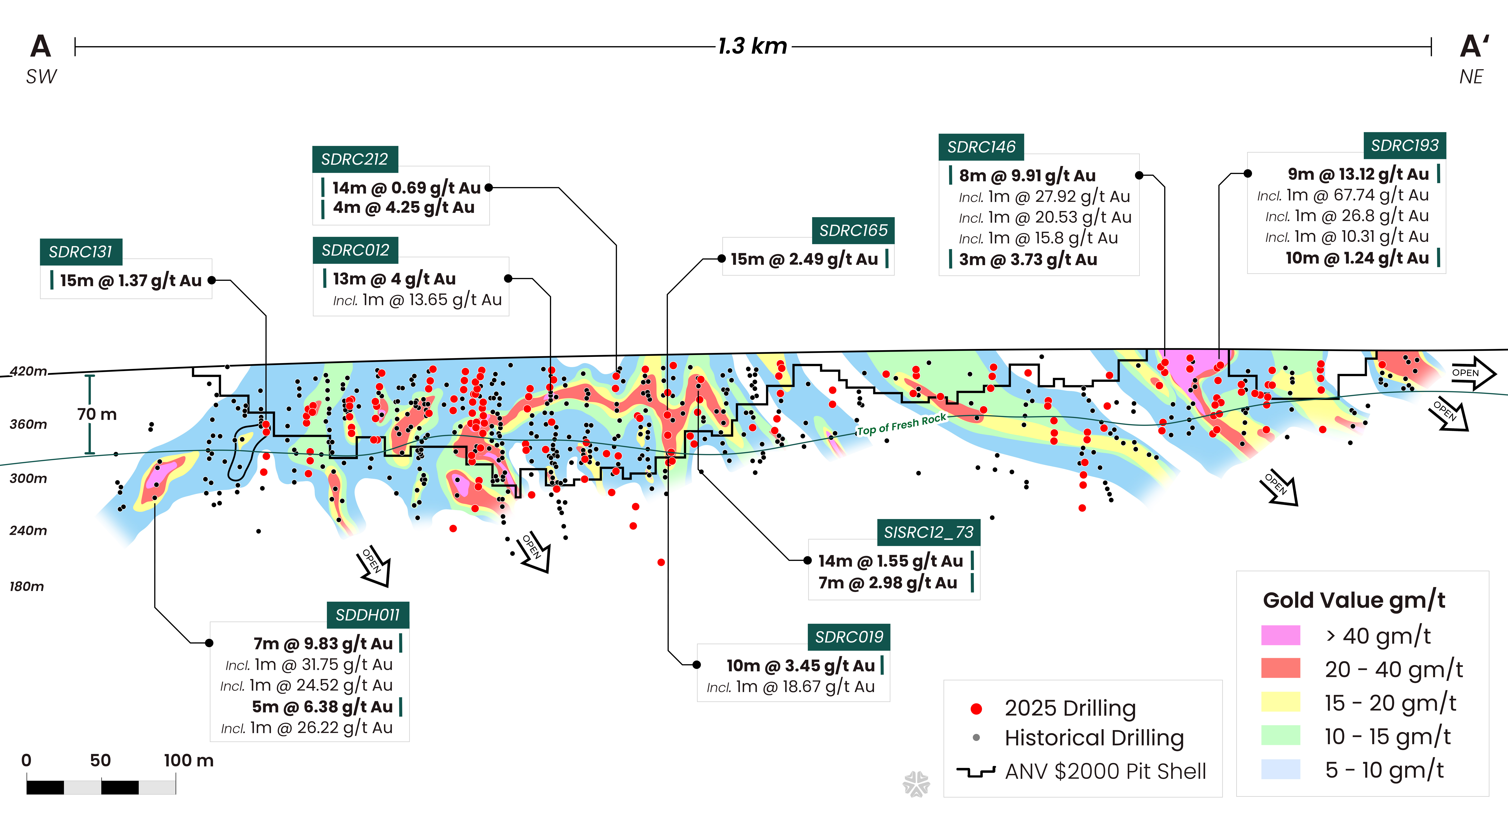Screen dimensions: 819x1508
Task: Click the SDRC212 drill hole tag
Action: click(x=355, y=159)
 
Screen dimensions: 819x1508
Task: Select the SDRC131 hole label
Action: click(x=81, y=252)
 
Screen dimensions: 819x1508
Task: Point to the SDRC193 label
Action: click(x=1404, y=145)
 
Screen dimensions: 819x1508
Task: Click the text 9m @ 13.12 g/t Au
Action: click(x=1358, y=174)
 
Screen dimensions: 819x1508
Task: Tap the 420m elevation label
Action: click(x=28, y=371)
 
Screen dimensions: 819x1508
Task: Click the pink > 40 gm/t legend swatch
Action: click(x=1280, y=635)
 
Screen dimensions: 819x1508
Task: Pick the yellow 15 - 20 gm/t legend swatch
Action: click(x=1280, y=702)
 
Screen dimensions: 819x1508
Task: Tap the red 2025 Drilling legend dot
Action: click(x=976, y=709)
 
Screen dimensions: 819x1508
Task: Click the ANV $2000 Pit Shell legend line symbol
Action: click(x=976, y=772)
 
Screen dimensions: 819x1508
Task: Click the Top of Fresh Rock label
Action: click(x=901, y=425)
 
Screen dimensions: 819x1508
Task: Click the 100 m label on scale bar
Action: click(x=189, y=761)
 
